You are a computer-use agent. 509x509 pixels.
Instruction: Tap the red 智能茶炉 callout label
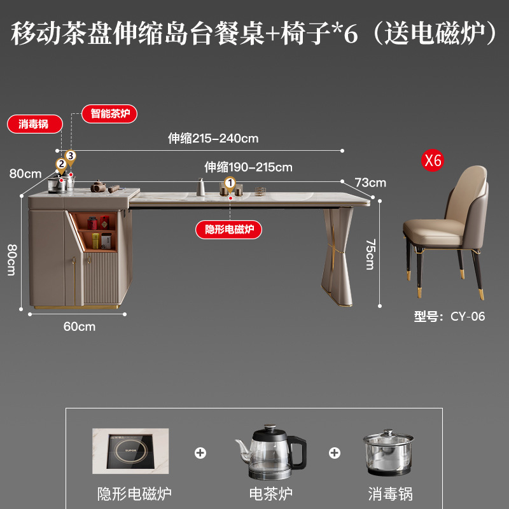[109, 114]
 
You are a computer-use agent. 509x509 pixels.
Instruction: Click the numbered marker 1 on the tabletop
[230, 184]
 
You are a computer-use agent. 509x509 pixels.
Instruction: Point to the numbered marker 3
[71, 156]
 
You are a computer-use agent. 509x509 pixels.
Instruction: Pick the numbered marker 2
[61, 164]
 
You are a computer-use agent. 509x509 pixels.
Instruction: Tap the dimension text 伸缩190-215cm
[248, 167]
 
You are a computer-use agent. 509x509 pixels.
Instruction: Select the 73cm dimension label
[370, 183]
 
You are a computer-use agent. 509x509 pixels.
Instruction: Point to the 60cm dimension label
[80, 326]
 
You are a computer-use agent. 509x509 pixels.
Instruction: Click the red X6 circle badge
[433, 160]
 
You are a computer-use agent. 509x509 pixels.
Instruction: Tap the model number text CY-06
[468, 316]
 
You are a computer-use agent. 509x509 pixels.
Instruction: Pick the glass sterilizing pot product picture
[390, 455]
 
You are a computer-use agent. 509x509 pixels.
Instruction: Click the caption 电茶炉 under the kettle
[270, 494]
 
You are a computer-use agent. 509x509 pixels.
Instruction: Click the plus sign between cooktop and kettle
[200, 452]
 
